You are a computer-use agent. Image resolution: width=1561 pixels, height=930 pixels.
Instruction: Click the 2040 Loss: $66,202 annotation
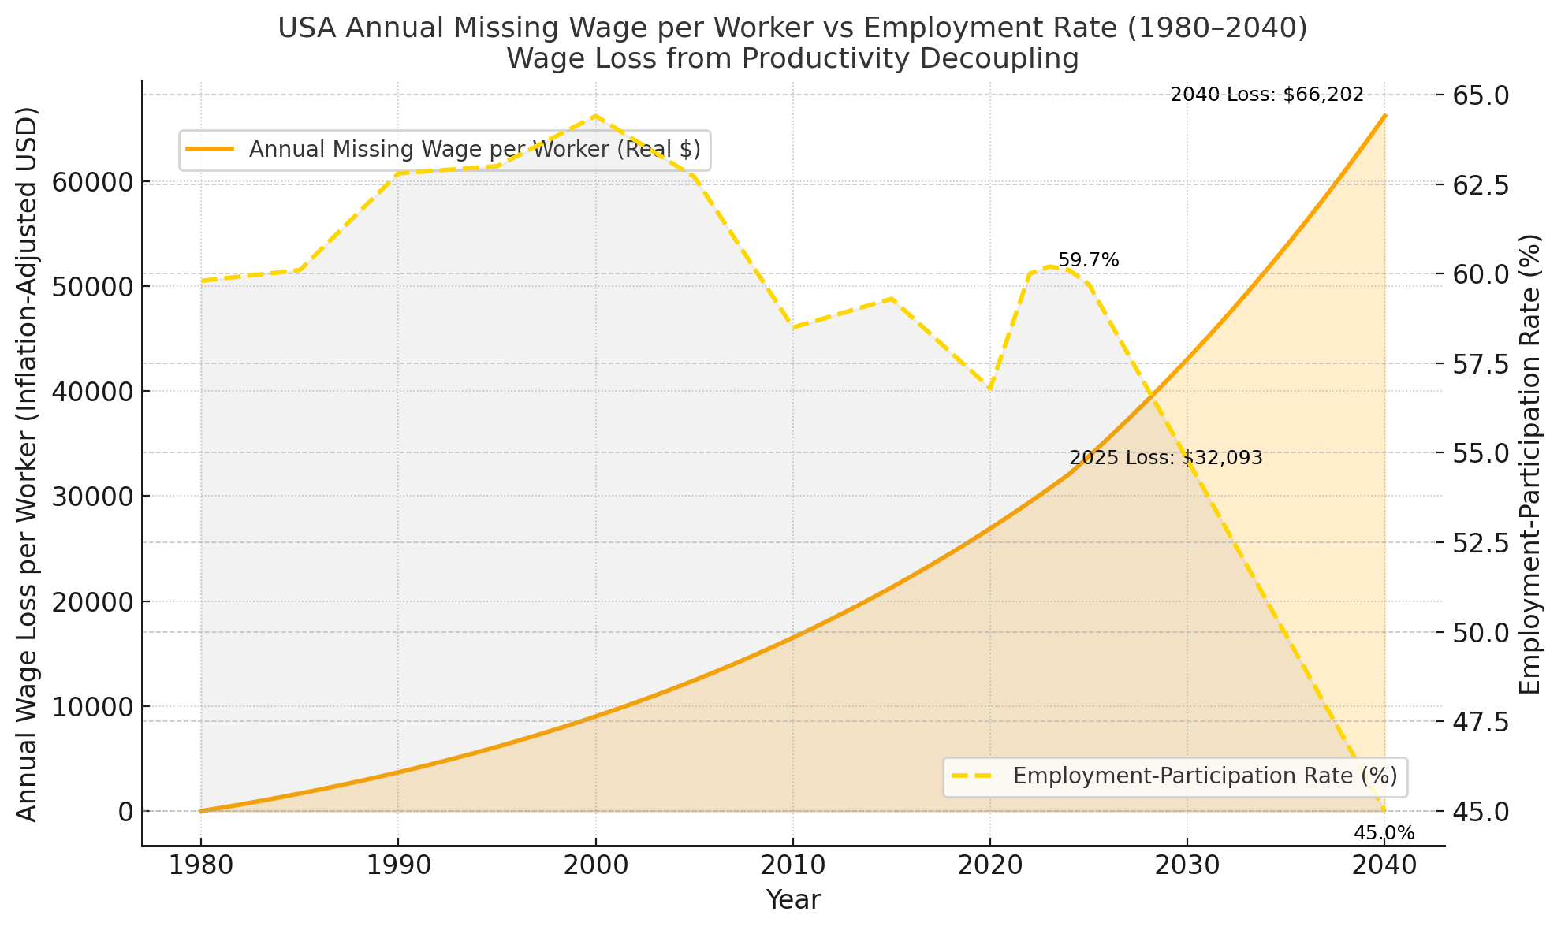coord(1267,95)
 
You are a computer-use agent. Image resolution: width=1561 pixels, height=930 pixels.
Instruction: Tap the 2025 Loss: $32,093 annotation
coord(1166,458)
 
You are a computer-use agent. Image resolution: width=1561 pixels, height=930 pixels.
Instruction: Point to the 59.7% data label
coord(1088,260)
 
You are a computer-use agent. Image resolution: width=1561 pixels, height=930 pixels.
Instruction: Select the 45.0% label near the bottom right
coord(1384,833)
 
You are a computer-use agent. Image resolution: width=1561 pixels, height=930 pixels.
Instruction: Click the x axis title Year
coord(793,900)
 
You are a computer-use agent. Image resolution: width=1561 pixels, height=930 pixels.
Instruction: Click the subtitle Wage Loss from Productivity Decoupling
coord(792,59)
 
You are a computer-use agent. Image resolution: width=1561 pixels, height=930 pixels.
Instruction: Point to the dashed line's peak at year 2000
coord(595,116)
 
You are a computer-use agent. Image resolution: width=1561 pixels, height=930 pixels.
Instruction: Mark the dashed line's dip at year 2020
coord(989,389)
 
